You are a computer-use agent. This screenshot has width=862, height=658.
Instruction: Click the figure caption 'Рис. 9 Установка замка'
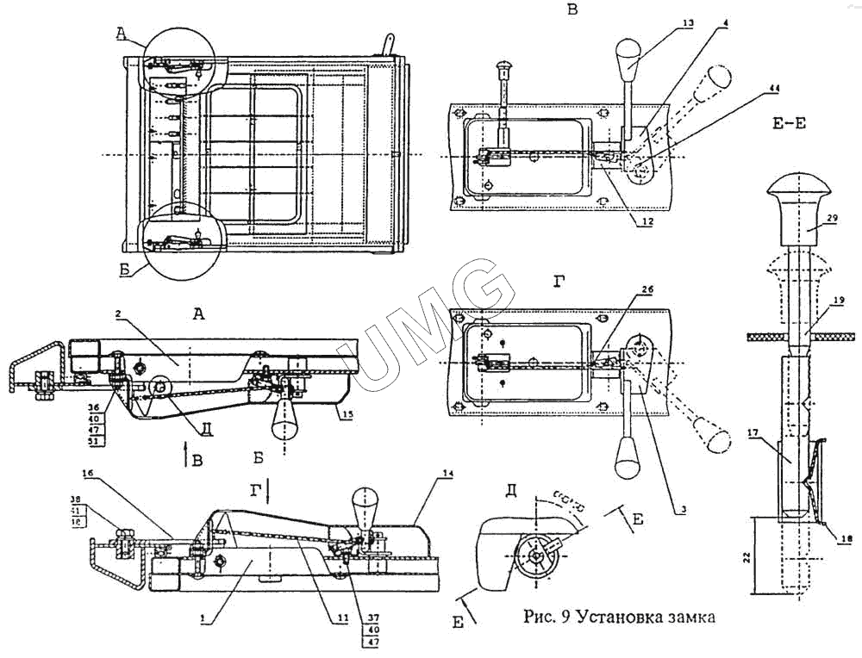(620, 617)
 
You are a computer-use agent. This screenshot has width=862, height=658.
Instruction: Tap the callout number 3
(682, 510)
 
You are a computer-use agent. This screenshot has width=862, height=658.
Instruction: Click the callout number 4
(726, 19)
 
